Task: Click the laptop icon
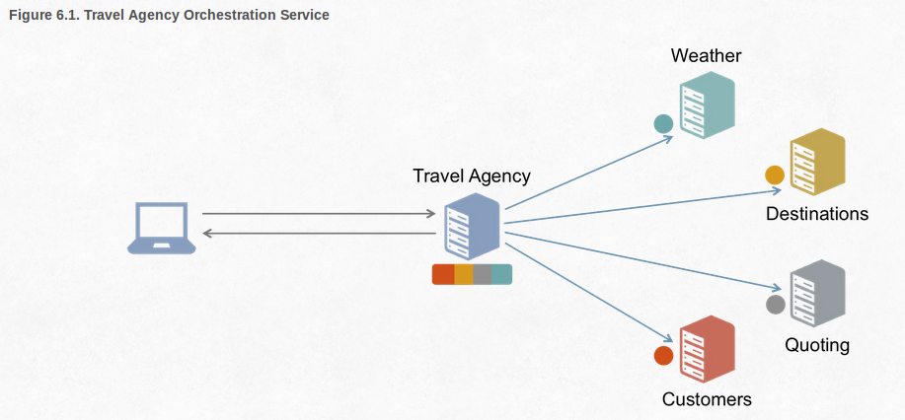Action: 162,228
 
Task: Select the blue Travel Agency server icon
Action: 473,227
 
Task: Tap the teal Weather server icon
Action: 707,108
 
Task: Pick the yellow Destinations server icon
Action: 817,163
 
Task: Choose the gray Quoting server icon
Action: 818,294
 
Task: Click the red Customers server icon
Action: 707,349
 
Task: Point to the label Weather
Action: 706,55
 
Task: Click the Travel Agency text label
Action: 472,176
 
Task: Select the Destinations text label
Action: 817,214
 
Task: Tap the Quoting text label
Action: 817,345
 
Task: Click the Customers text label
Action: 707,399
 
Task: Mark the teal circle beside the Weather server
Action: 663,124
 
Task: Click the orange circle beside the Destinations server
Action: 775,175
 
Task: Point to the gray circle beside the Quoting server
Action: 776,305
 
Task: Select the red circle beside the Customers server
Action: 663,356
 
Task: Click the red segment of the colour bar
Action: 443,275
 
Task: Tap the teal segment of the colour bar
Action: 501,275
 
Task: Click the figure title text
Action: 169,16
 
